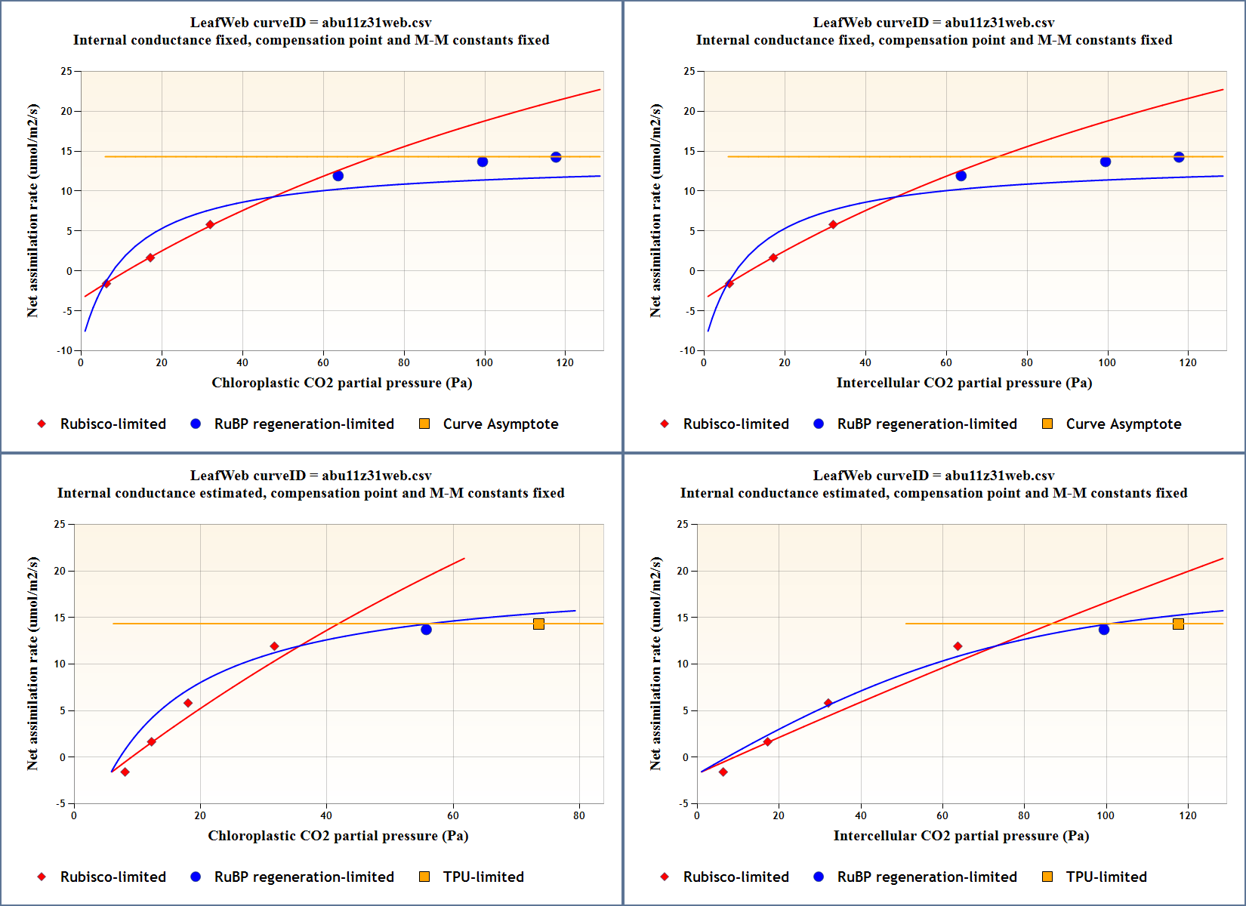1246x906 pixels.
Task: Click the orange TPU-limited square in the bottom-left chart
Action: click(x=538, y=624)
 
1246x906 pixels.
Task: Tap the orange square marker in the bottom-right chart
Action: click(x=1178, y=624)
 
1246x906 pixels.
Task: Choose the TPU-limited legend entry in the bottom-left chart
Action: click(x=483, y=877)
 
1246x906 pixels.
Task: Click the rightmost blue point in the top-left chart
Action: click(x=556, y=157)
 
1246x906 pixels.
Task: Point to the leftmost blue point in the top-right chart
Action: click(x=961, y=176)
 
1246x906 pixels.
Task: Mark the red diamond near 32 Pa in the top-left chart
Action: click(x=210, y=225)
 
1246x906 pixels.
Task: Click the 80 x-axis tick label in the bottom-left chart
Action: click(x=579, y=815)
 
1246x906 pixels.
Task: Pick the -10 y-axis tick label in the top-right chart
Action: click(x=687, y=350)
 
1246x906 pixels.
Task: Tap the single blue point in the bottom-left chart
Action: click(x=426, y=630)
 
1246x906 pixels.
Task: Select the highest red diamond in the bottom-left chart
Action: click(x=274, y=646)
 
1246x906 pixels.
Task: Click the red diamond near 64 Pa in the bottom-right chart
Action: click(x=958, y=646)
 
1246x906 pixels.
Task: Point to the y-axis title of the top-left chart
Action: click(x=32, y=211)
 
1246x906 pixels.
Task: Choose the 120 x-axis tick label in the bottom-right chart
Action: click(x=1188, y=815)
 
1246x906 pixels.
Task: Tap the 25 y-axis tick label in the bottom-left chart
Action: click(x=60, y=524)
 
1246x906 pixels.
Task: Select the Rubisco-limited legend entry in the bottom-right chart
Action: click(x=736, y=877)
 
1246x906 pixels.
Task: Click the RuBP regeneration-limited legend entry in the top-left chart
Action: click(x=304, y=424)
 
